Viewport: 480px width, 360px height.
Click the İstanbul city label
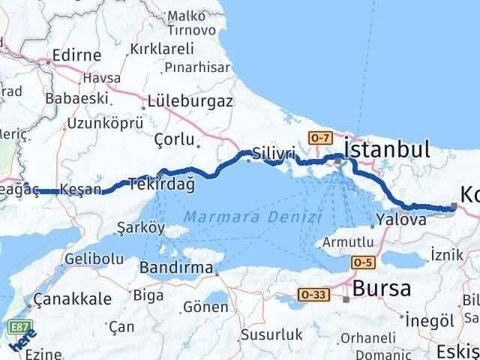click(x=387, y=148)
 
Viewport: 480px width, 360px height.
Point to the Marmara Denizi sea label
click(x=253, y=217)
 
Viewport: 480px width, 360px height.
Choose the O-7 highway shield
click(x=319, y=137)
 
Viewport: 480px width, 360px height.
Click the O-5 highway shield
click(x=364, y=261)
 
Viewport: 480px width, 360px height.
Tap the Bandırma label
click(x=177, y=267)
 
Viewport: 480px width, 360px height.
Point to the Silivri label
click(x=273, y=151)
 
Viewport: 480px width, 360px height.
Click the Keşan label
click(x=80, y=189)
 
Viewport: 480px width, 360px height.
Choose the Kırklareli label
click(x=161, y=48)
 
